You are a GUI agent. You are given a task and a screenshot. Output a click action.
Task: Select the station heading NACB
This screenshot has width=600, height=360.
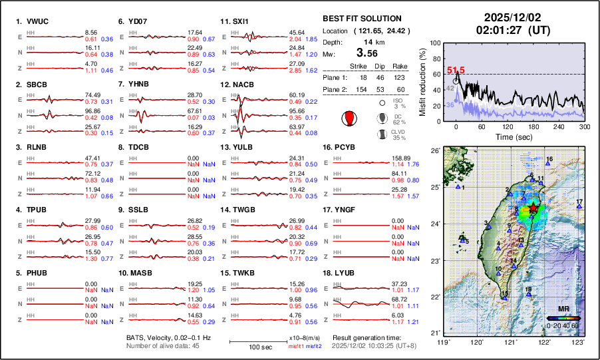pos(243,85)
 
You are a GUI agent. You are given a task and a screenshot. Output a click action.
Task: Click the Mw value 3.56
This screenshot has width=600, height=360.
pos(370,53)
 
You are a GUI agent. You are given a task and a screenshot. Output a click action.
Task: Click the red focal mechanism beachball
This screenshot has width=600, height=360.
pos(347,118)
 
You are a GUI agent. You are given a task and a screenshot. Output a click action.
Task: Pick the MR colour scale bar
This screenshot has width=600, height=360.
pos(563,319)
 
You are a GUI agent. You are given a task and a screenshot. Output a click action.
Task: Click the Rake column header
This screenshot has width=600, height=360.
pos(399,66)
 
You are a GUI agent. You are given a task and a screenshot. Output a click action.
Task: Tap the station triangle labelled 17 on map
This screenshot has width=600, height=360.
pos(579,207)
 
